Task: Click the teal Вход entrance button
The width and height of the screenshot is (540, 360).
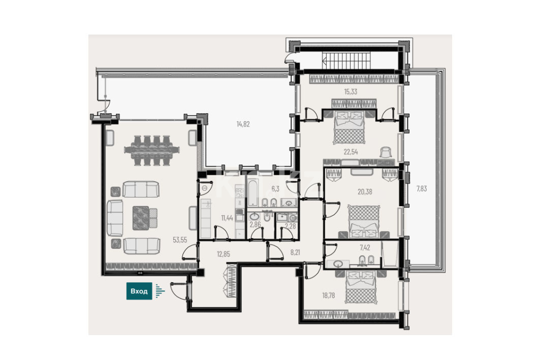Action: (x=139, y=291)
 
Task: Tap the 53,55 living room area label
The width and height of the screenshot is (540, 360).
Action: (x=180, y=240)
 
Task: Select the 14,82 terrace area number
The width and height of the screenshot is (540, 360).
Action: (x=243, y=124)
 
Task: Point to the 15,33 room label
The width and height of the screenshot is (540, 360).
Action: (x=351, y=91)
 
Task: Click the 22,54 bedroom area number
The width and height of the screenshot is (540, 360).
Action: (x=351, y=152)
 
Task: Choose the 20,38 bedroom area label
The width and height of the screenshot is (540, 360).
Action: (x=365, y=192)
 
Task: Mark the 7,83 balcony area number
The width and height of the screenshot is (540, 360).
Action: (x=422, y=188)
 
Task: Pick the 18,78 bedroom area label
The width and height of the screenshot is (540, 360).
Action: (x=329, y=296)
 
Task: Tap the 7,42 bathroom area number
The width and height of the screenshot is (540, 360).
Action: (x=365, y=247)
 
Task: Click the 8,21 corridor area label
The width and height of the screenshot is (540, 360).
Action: (x=295, y=252)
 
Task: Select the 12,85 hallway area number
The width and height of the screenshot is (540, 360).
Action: (x=223, y=254)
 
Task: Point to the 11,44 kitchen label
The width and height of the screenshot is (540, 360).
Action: (x=227, y=218)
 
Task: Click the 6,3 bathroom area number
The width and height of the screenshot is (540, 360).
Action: (x=275, y=188)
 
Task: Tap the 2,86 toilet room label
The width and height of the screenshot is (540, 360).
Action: (x=255, y=225)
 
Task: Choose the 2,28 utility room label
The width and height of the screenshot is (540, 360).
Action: (x=290, y=226)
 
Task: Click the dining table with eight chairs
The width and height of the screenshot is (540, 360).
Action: (x=152, y=151)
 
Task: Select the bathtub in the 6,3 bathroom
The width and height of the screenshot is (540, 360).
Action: (x=253, y=192)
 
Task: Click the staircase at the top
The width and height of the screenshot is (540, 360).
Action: (x=346, y=61)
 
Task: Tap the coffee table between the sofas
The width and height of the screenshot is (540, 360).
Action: (x=141, y=218)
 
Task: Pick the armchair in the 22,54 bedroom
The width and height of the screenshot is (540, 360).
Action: (x=386, y=152)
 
